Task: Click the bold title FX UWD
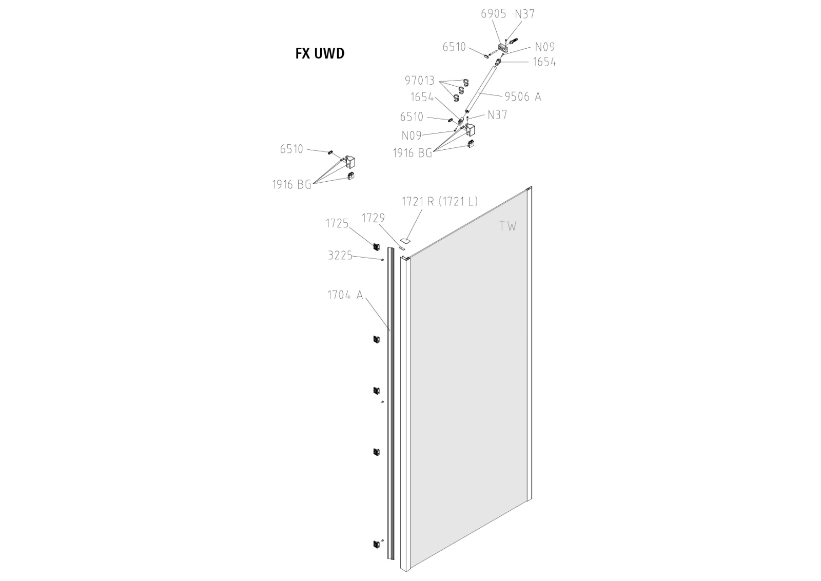tap(320, 53)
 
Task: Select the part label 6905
tap(493, 14)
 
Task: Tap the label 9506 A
tap(523, 96)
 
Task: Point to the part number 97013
tap(420, 80)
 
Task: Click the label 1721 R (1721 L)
tap(440, 201)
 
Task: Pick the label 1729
tap(374, 218)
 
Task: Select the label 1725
tap(337, 223)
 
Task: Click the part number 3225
tap(340, 256)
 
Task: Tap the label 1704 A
tap(345, 295)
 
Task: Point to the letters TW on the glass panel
tap(508, 226)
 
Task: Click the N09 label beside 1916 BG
tap(412, 135)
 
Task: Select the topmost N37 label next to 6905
tap(525, 14)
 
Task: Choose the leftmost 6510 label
tap(291, 149)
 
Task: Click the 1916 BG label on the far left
tap(291, 184)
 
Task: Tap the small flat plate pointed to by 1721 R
tap(405, 241)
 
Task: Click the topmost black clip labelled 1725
tap(377, 247)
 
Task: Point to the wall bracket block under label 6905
tap(504, 47)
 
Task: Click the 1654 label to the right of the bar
tap(544, 62)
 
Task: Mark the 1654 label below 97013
tap(422, 98)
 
